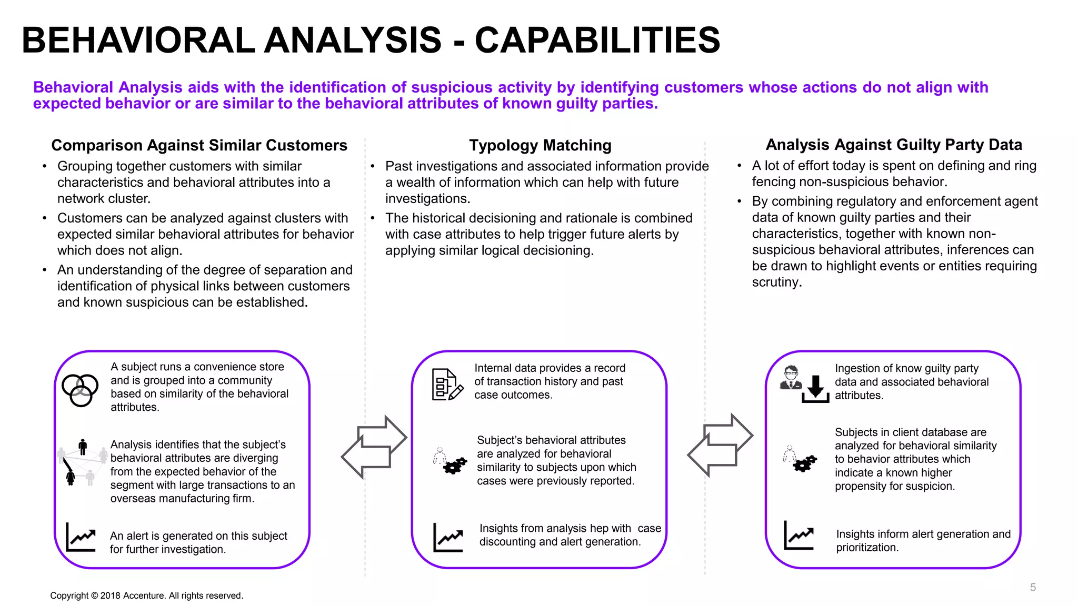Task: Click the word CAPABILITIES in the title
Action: tap(597, 41)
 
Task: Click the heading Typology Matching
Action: tap(540, 145)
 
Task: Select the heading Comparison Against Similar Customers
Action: tap(199, 145)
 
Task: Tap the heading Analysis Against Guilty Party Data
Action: tap(893, 145)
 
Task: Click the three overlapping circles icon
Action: tap(80, 390)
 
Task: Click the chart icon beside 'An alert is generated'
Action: tap(81, 537)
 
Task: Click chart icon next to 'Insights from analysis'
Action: tap(448, 538)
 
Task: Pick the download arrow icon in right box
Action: tap(815, 390)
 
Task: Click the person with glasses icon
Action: tap(791, 378)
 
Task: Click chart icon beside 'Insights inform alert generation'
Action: tap(798, 536)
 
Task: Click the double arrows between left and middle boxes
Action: tap(374, 447)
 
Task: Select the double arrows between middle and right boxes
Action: tap(720, 445)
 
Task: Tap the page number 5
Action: tap(1033, 588)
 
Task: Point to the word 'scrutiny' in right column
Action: tap(775, 282)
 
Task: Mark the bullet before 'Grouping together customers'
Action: tap(45, 166)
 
